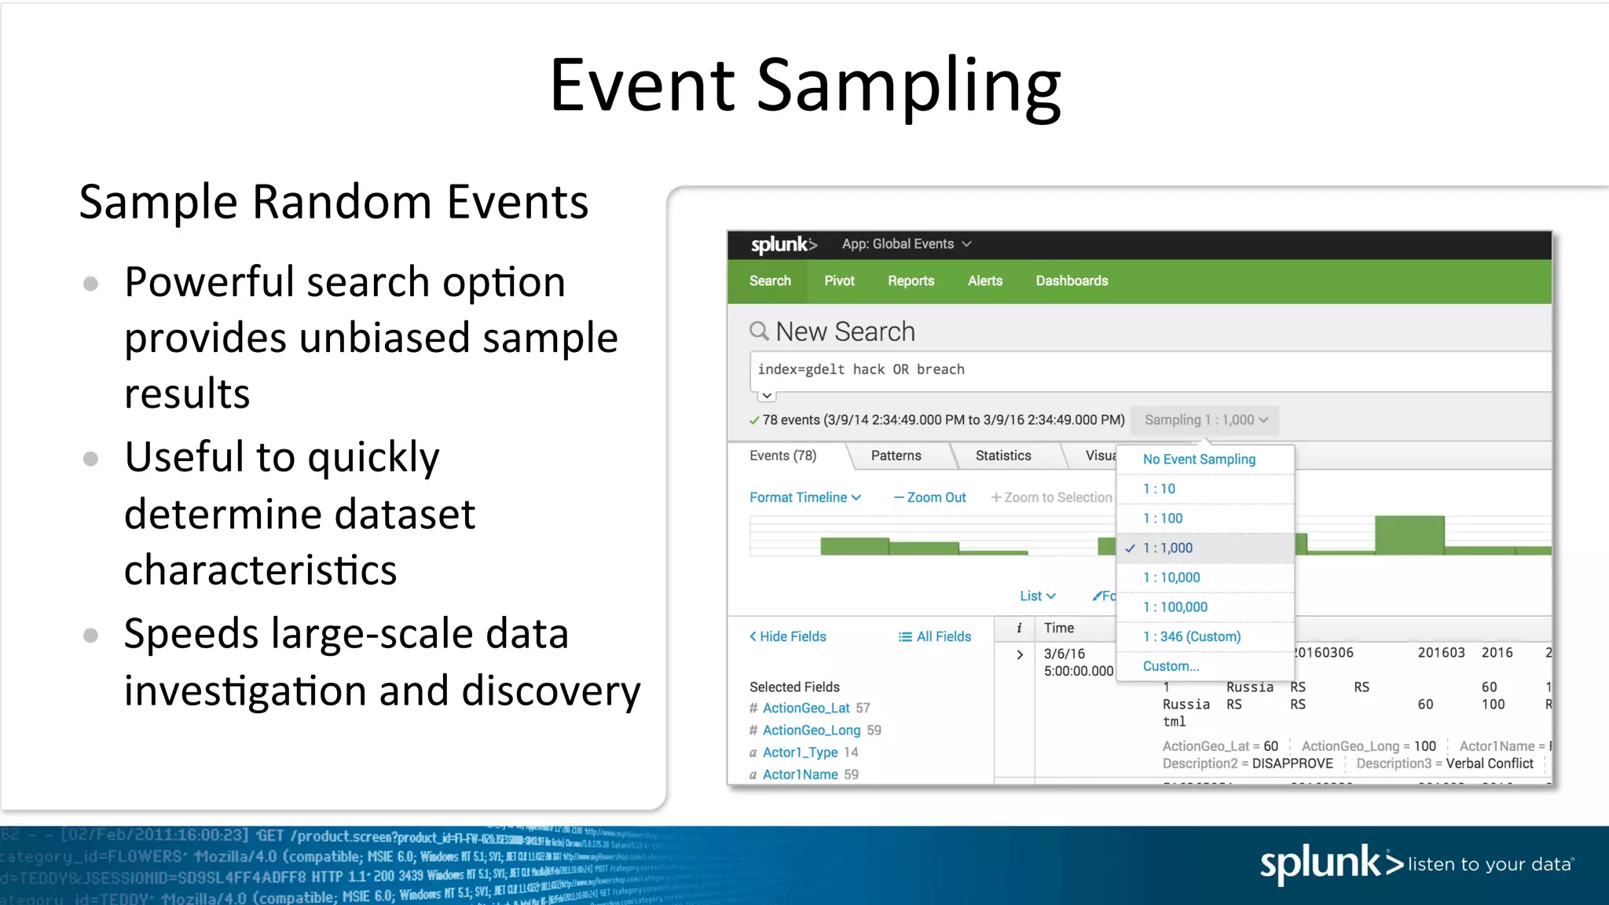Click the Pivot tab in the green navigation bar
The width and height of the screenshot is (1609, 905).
(x=839, y=281)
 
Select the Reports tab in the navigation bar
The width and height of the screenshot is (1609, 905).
(x=911, y=281)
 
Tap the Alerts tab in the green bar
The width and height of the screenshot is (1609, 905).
(x=984, y=281)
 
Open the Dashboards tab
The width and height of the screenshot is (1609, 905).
(x=1072, y=281)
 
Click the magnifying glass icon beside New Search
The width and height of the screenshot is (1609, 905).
(x=759, y=332)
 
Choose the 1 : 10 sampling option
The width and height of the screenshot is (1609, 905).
(x=1159, y=489)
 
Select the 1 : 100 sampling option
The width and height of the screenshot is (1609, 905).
(x=1163, y=518)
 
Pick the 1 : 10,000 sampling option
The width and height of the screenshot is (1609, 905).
(x=1171, y=577)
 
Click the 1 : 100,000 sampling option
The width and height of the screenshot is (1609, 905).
(x=1175, y=607)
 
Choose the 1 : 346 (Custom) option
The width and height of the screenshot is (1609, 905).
(x=1192, y=636)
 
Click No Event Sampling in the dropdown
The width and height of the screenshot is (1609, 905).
(x=1199, y=460)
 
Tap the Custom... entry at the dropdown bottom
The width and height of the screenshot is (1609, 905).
(x=1171, y=666)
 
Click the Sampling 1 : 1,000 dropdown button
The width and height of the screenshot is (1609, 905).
(x=1205, y=420)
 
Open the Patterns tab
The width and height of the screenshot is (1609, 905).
(x=896, y=456)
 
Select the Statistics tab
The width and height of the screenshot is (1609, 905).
(x=1002, y=456)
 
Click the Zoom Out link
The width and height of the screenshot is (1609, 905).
(x=930, y=497)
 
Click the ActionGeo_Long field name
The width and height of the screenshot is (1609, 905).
(x=812, y=730)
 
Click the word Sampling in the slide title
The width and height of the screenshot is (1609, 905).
(x=908, y=86)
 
